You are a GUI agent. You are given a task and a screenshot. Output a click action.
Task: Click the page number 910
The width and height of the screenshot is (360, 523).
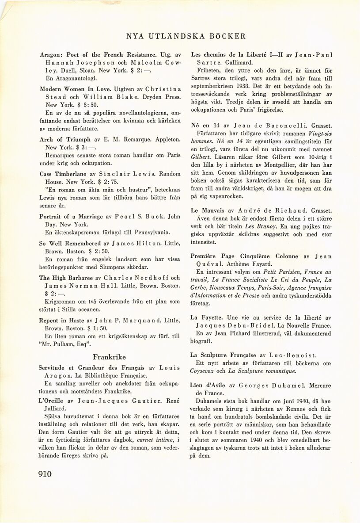pos(45,474)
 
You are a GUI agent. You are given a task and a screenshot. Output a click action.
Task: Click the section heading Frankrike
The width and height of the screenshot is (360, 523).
pos(109,357)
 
